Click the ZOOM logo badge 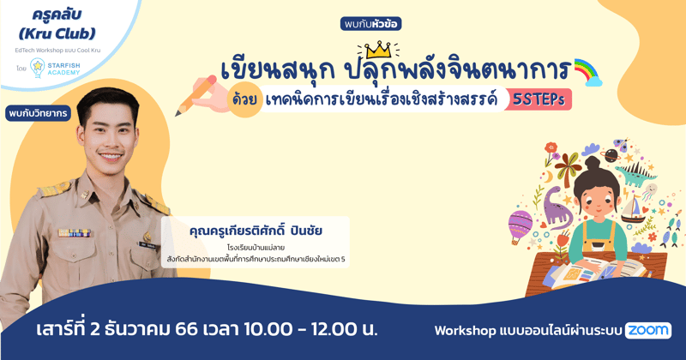coord(648,330)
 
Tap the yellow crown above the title coord(376,51)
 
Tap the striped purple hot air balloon coord(521,225)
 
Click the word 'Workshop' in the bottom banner coord(468,330)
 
